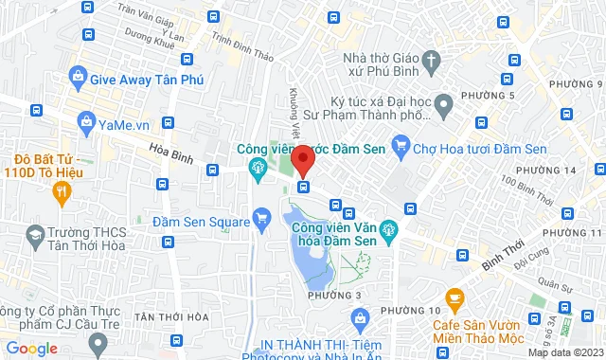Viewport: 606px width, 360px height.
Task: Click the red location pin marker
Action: [x=303, y=159]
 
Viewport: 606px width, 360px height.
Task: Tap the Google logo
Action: [x=32, y=348]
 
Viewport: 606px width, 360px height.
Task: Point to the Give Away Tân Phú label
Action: [x=151, y=81]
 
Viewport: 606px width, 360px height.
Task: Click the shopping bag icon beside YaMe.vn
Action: [x=86, y=121]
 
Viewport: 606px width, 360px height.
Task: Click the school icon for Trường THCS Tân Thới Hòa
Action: [x=35, y=233]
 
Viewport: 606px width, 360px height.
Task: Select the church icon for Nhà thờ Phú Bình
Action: [x=432, y=61]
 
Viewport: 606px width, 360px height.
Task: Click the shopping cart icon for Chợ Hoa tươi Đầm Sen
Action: [x=401, y=145]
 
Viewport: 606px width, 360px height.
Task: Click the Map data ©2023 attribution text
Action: [x=564, y=352]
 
